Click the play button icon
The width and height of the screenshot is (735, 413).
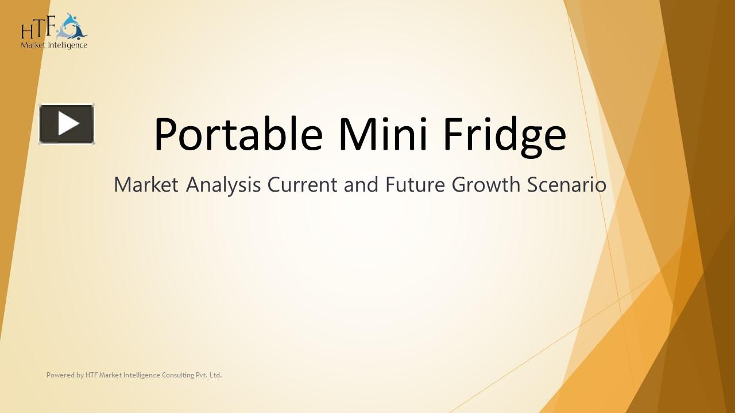pos(67,124)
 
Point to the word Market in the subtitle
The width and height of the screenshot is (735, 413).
pos(146,185)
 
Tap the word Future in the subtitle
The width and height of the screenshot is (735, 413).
pos(415,185)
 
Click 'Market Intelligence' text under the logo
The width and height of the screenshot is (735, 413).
pos(54,45)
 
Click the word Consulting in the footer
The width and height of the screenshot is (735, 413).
pos(178,375)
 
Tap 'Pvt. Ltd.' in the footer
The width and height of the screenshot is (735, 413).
pos(209,375)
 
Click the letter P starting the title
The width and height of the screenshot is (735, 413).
pos(167,134)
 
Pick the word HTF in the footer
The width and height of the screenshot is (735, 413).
pos(91,375)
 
